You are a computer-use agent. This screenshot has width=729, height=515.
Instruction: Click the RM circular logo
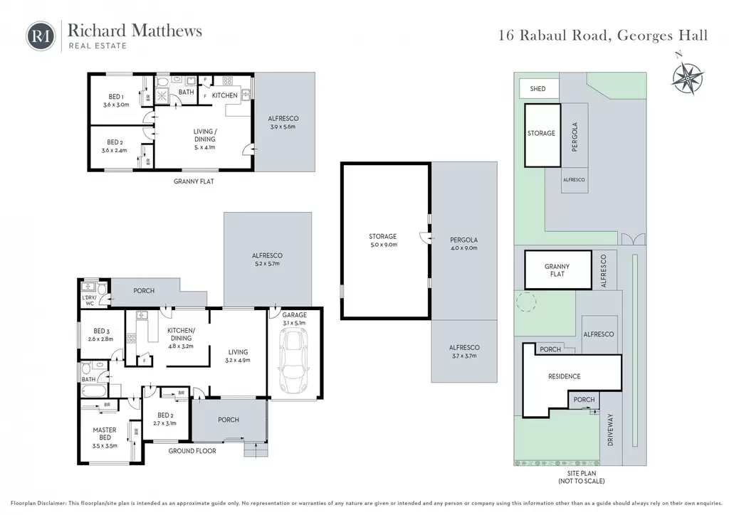coord(41,36)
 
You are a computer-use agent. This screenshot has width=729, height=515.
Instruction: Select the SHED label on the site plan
coord(537,89)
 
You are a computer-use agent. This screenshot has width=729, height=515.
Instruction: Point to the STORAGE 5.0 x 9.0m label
coord(383,240)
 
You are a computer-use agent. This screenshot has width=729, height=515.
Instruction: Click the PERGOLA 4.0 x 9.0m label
coord(463,244)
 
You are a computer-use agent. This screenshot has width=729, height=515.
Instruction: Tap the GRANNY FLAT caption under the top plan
coord(194,181)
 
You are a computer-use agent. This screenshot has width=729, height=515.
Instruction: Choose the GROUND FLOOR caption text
coord(192,451)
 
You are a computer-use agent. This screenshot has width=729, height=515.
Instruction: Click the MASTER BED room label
coord(105,437)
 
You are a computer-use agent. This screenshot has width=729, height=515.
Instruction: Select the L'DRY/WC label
coord(88,300)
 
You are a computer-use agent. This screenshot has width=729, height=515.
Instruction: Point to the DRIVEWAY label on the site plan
coord(610,430)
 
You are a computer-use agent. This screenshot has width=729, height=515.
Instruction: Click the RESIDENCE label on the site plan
coord(564,376)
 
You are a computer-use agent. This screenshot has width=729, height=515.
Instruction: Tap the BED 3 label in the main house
coord(101,335)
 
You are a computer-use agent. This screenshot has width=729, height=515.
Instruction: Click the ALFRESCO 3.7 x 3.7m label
coord(464,351)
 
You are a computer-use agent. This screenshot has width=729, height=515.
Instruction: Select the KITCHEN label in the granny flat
coord(224,95)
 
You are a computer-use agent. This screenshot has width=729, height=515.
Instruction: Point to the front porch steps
coord(256,450)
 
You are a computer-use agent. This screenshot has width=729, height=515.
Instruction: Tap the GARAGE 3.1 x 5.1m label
coord(294,319)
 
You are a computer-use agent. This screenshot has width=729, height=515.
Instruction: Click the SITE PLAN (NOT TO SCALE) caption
coord(581,477)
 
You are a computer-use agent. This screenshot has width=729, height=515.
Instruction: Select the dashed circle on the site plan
coord(526,302)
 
